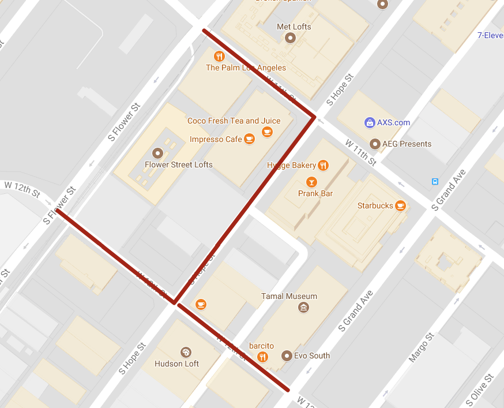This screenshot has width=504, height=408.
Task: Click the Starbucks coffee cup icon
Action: [400, 205]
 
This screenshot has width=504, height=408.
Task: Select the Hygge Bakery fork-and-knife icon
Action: [323, 166]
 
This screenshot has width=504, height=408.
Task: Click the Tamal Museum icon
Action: [303, 308]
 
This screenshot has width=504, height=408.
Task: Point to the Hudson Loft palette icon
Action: [186, 352]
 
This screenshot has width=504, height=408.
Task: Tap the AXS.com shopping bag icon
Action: [369, 122]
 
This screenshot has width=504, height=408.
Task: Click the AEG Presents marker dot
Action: [375, 144]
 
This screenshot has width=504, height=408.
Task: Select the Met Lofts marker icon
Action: [290, 39]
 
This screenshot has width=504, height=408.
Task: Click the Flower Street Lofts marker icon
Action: [157, 153]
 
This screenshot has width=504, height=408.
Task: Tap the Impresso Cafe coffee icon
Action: [249, 139]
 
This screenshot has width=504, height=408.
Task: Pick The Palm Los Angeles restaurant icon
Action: [219, 56]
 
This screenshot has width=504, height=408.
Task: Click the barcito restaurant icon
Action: [263, 356]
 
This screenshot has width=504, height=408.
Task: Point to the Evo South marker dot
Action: [287, 355]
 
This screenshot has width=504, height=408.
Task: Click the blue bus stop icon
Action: [435, 182]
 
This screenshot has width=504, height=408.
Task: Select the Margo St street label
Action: [422, 348]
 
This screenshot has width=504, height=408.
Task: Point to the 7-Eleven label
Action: [490, 35]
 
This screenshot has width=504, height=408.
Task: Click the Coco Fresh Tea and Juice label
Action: [234, 121]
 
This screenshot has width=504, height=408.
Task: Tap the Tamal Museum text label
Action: [289, 296]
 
